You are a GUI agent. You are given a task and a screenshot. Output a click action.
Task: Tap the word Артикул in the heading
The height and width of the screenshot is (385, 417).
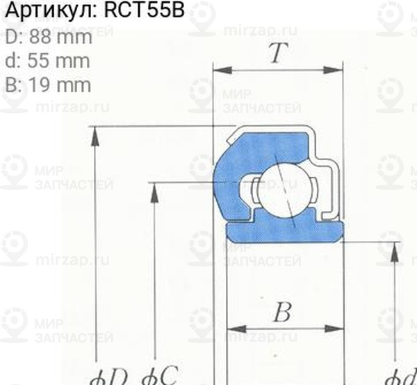click(x=49, y=13)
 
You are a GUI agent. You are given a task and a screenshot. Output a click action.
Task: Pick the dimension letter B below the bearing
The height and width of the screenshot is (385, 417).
click(x=281, y=313)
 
